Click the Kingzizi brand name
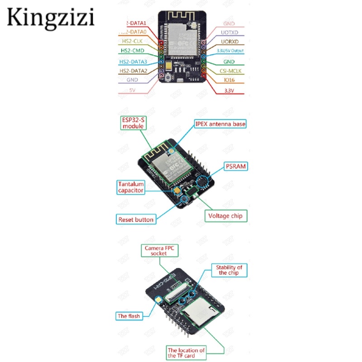point(51,19)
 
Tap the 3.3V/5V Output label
point(230,51)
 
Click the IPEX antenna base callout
point(221,124)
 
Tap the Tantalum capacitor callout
point(131,187)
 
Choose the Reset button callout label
point(136,219)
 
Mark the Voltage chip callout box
point(225,215)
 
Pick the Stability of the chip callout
point(229,270)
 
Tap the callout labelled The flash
point(129,316)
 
